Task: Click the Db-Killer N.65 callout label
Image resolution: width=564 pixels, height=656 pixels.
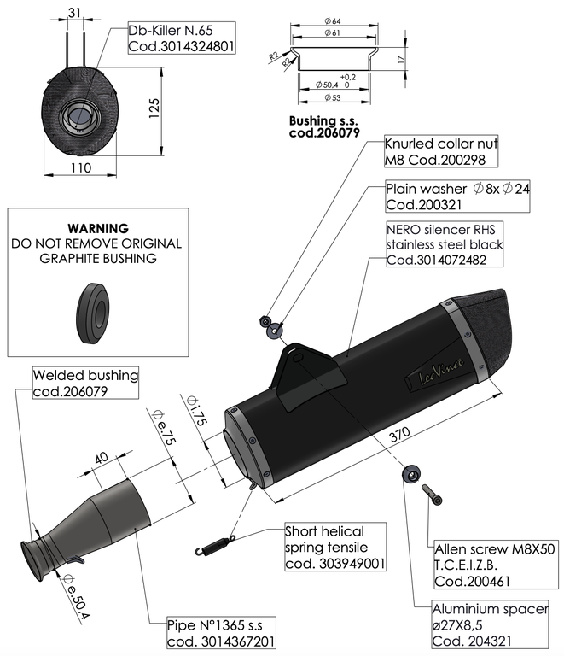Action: click(180, 38)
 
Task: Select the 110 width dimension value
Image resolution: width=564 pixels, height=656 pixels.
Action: click(81, 169)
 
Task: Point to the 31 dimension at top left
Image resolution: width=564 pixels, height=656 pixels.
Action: click(74, 13)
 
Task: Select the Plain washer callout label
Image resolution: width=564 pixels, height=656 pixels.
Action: click(457, 196)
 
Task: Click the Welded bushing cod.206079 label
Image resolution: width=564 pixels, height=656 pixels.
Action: click(85, 383)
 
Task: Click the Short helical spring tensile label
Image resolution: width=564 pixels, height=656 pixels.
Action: click(335, 547)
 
